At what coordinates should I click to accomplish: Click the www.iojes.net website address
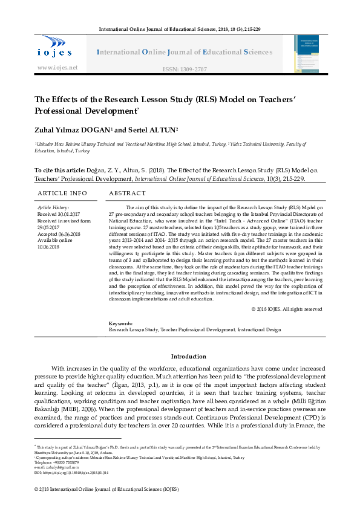click(58, 67)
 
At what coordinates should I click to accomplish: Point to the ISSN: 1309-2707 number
click(183, 70)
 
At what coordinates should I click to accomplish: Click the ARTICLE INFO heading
click(62, 193)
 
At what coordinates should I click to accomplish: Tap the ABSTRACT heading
click(127, 193)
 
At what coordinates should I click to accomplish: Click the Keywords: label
click(120, 324)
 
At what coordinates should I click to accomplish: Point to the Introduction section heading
click(189, 357)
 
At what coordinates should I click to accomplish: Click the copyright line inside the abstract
click(287, 309)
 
